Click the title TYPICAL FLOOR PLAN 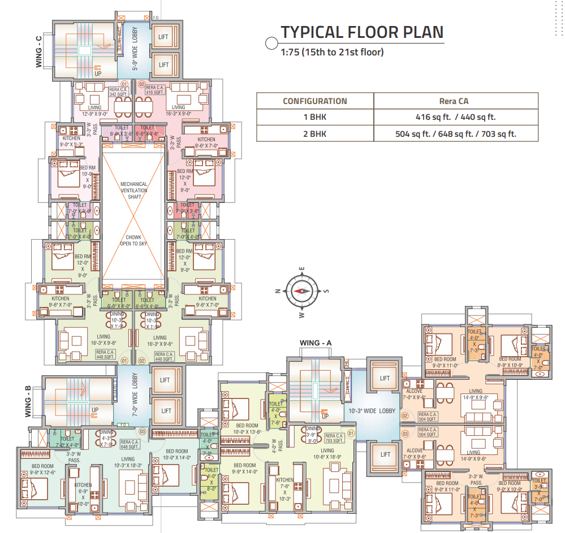click(362, 32)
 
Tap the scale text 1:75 click(291, 53)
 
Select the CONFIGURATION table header click(314, 101)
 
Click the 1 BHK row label click(314, 118)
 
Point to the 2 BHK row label click(314, 134)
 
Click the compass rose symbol click(302, 291)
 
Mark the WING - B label click(28, 401)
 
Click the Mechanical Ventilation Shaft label click(134, 190)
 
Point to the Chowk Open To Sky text click(134, 241)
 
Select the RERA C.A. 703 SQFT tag click(334, 438)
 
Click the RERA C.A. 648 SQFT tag click(130, 445)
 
